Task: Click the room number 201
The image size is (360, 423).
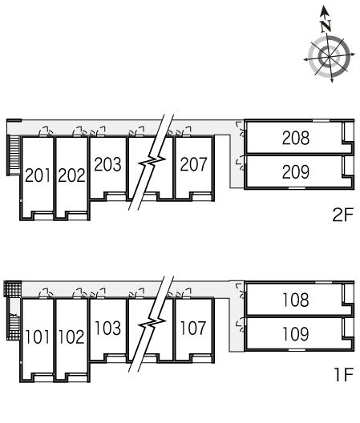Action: (x=38, y=175)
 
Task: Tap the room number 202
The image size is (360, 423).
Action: (x=71, y=175)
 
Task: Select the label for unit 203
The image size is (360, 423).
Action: (x=107, y=164)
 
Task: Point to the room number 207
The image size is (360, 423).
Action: (x=193, y=164)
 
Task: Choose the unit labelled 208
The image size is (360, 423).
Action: (x=296, y=138)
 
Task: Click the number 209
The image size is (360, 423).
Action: (x=296, y=171)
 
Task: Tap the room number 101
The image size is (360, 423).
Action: (x=38, y=337)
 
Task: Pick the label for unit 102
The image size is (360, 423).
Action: (x=71, y=337)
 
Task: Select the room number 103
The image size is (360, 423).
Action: (x=107, y=328)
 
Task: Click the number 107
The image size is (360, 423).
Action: (x=193, y=328)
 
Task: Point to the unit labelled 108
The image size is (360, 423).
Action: (x=296, y=300)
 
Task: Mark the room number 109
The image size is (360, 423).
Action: (x=296, y=334)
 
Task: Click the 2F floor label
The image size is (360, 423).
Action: (x=342, y=215)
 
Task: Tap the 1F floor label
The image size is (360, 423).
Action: (x=344, y=374)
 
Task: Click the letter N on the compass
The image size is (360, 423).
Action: (x=326, y=26)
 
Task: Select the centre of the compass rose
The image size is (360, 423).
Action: (x=330, y=56)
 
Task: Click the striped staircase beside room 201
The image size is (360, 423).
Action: (x=14, y=155)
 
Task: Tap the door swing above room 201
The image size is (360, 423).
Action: (x=46, y=131)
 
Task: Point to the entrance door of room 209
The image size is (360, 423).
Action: (x=241, y=164)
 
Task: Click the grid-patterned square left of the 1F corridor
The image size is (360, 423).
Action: (x=13, y=289)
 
